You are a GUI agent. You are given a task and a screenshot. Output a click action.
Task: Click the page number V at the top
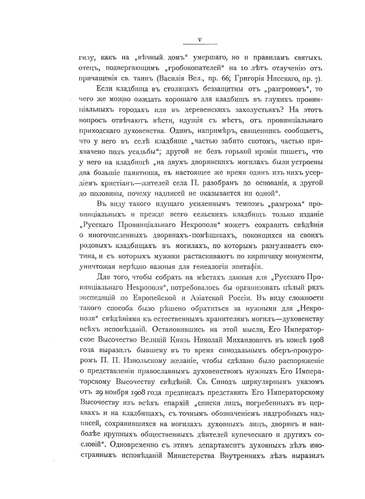[200, 40]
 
